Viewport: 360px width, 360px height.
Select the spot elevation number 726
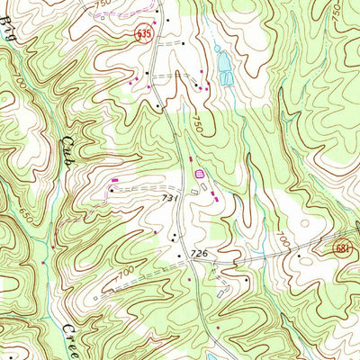click(199, 255)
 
